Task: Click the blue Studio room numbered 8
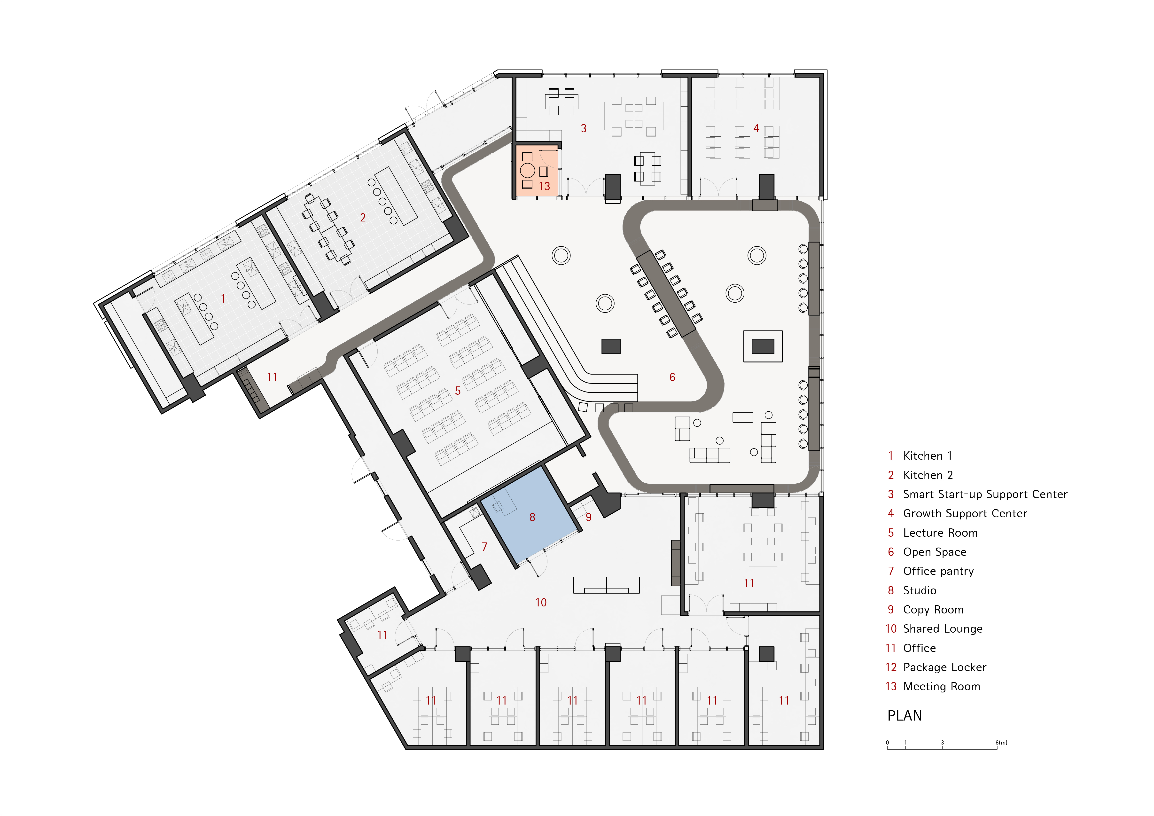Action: tap(528, 523)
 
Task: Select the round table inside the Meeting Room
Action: tap(527, 170)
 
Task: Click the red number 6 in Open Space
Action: tap(672, 377)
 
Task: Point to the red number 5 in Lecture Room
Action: tap(457, 391)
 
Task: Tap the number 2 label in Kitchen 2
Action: tap(362, 218)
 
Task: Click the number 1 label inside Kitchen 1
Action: tap(223, 299)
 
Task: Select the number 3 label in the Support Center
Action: tap(584, 129)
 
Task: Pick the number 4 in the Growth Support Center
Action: tap(756, 129)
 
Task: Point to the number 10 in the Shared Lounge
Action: tap(541, 602)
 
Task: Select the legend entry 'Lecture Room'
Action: tap(940, 533)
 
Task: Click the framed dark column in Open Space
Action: tap(763, 346)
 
